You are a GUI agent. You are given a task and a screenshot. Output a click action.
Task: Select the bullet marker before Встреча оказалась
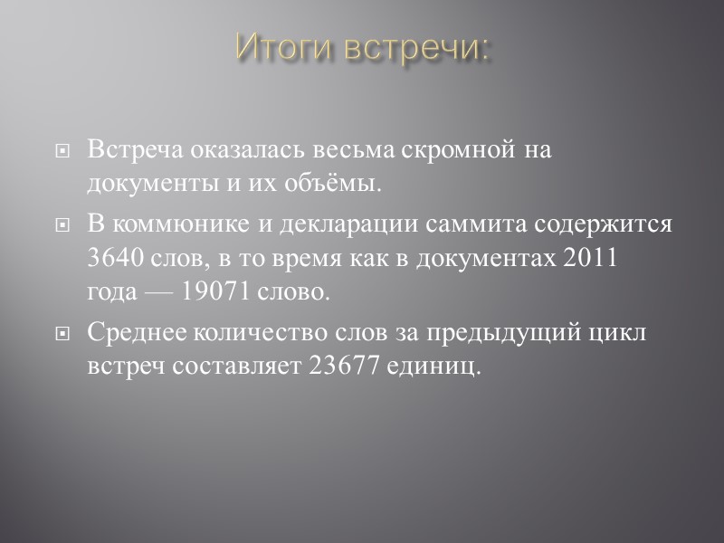62,152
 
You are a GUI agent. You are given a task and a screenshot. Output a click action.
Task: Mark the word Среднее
135,333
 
